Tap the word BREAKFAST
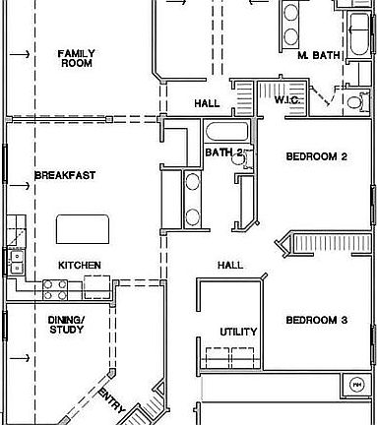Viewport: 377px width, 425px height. pyautogui.click(x=65, y=176)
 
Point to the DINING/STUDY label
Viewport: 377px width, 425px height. pyautogui.click(x=67, y=326)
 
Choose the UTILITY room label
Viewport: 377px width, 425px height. pyautogui.click(x=238, y=333)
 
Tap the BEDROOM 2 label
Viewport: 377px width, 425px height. pyautogui.click(x=317, y=156)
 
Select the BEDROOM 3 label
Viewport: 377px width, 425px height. pyautogui.click(x=317, y=320)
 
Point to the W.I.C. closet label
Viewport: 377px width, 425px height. pyautogui.click(x=287, y=100)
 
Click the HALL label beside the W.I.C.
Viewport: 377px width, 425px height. pyautogui.click(x=208, y=102)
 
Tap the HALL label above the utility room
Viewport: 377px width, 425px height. pyautogui.click(x=230, y=266)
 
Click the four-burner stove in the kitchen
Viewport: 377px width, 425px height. pyautogui.click(x=54, y=287)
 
